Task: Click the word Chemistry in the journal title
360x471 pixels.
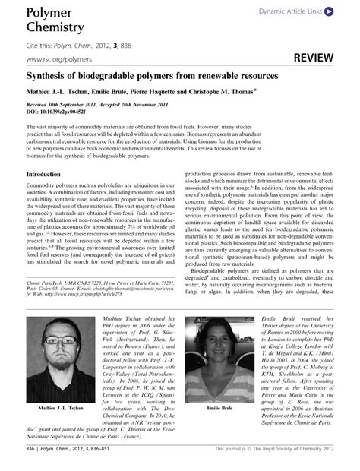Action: (54, 28)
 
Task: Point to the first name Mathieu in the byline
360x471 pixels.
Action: (43, 91)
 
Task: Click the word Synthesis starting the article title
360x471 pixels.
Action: (49, 77)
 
